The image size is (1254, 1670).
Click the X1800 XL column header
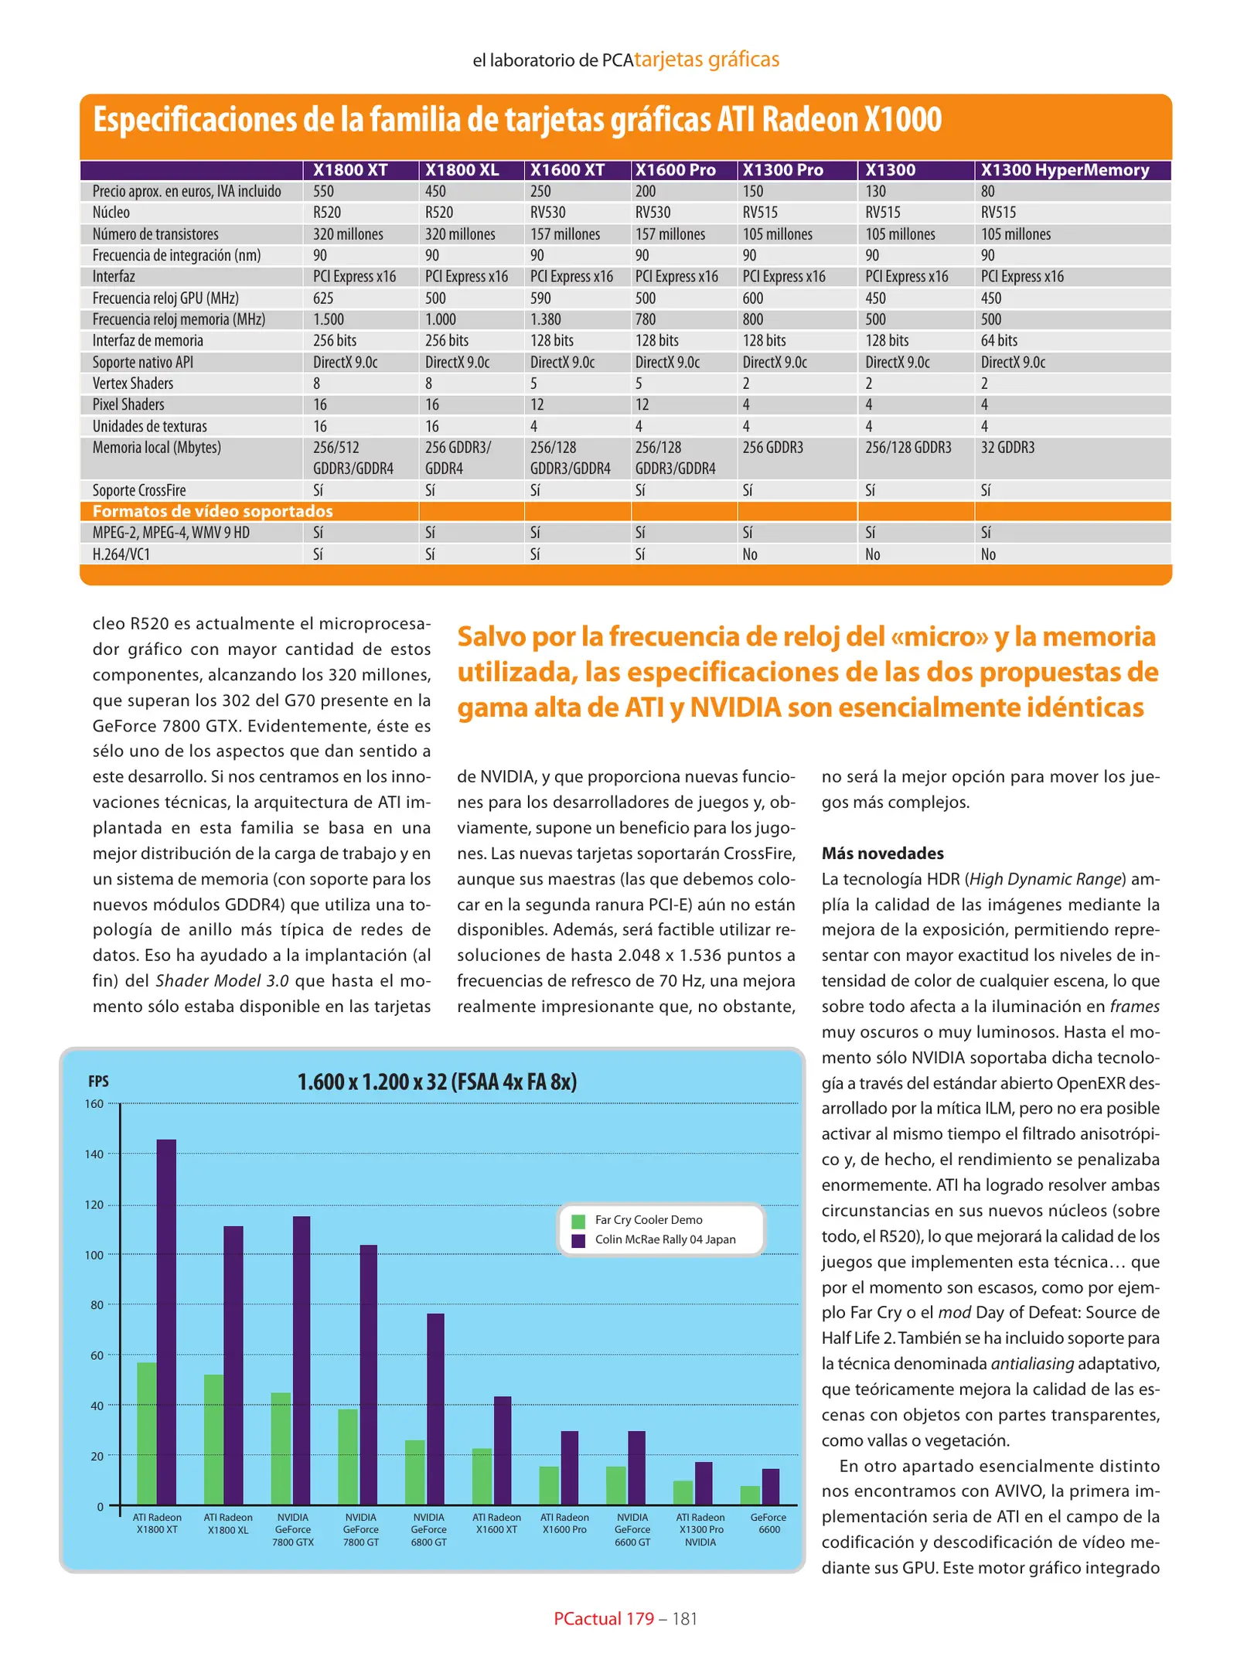462,170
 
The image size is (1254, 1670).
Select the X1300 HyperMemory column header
1065,170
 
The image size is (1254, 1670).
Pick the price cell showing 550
323,192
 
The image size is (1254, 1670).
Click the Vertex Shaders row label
133,383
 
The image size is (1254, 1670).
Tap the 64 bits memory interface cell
999,341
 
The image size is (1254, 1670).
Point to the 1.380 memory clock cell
545,319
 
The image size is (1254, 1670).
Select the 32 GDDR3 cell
1007,448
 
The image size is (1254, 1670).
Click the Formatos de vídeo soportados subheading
213,511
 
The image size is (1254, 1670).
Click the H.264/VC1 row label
121,554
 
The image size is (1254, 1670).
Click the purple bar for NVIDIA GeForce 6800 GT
436,1409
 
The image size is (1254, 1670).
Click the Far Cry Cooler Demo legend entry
648,1220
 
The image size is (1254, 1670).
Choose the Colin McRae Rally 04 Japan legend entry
665,1239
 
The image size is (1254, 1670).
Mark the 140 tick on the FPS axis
94,1154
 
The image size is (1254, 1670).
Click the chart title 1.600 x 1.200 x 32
437,1082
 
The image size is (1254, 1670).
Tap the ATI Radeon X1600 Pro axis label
564,1523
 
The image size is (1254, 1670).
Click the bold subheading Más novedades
882,854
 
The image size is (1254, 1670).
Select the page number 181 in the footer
685,1618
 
